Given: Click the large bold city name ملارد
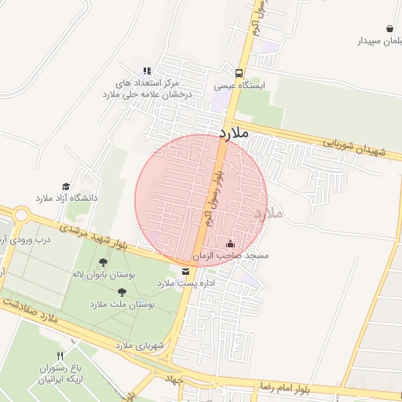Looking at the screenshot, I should [234, 133].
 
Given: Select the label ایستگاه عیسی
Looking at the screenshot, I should [240, 85].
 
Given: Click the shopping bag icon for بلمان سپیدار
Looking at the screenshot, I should [389, 28].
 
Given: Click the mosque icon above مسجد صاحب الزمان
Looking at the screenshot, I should [229, 243].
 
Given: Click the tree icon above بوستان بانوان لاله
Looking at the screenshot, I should [104, 263].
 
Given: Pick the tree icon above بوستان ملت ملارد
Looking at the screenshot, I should [122, 291].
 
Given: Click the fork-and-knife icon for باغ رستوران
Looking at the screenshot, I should [71, 356].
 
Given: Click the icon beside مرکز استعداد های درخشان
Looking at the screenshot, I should [147, 71].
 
